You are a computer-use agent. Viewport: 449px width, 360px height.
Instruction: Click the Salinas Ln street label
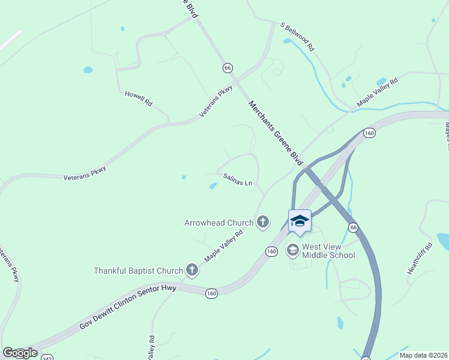[238, 179]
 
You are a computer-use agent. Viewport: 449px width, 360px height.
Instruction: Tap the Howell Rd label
[138, 99]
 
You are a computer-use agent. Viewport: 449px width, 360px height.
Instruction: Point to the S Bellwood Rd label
[298, 36]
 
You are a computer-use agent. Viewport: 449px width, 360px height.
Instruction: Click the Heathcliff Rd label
[420, 259]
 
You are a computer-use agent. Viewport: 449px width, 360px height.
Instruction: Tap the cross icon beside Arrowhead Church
[262, 223]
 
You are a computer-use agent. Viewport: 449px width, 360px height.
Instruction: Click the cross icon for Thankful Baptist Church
[192, 271]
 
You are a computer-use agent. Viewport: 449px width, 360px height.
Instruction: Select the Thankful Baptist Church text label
[137, 271]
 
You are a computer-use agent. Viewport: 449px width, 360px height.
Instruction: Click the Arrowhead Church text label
[218, 223]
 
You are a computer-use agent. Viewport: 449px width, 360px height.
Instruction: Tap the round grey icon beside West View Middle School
[293, 250]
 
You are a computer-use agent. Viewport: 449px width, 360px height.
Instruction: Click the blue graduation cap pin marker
[300, 221]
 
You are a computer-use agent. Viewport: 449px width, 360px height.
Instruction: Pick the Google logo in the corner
[20, 353]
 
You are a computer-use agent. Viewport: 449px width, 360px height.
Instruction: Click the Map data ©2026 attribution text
[424, 355]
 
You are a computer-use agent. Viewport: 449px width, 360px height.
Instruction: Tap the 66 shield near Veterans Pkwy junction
[227, 67]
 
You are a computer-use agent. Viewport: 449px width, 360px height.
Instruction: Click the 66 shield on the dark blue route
[354, 227]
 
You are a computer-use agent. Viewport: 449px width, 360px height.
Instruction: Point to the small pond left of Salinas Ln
[213, 186]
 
